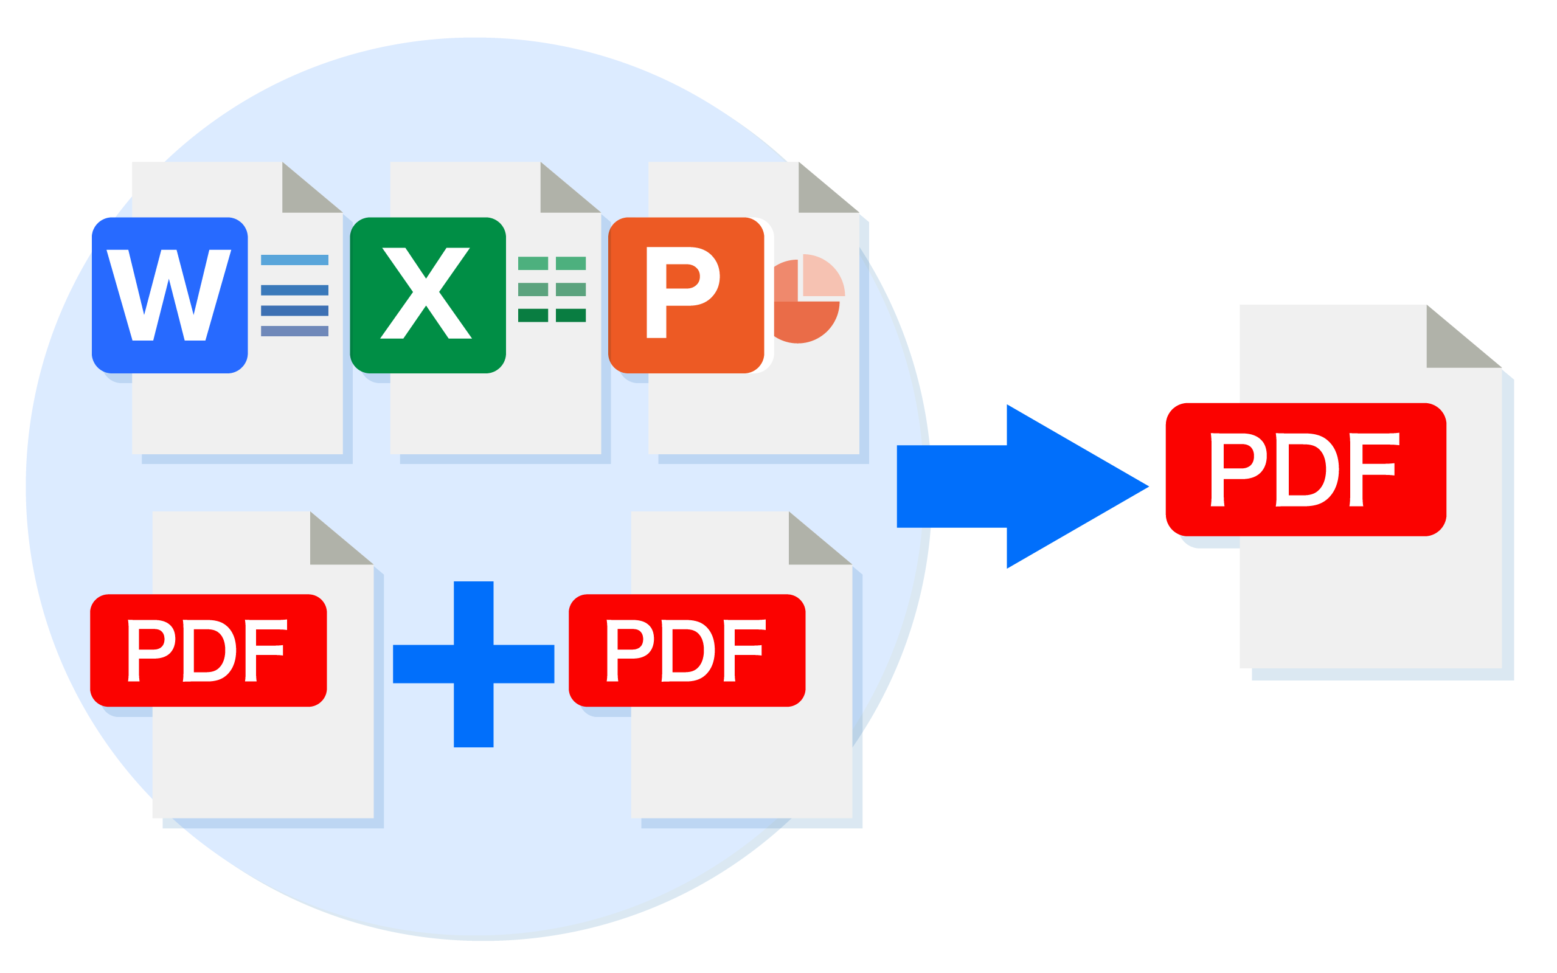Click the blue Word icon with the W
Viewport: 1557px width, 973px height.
point(169,296)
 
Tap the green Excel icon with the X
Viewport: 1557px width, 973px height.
point(428,296)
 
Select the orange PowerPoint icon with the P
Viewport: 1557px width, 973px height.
point(687,296)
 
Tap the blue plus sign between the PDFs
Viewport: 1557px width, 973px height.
point(474,664)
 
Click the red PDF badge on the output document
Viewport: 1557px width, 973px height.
point(1306,469)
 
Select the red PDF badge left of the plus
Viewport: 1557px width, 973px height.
point(209,651)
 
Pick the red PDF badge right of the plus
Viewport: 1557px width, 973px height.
point(687,651)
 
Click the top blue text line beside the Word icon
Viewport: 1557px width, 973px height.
point(294,260)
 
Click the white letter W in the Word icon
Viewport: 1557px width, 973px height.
point(168,295)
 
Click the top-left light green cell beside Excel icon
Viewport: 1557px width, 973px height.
point(533,263)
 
